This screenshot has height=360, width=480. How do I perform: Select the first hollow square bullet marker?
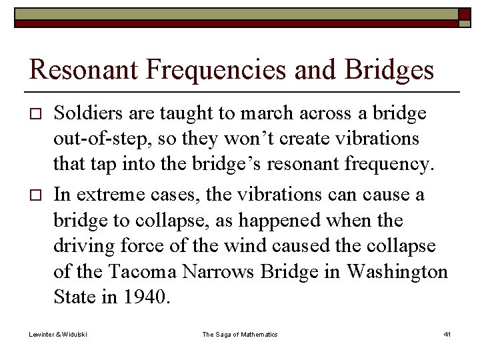pyautogui.click(x=37, y=115)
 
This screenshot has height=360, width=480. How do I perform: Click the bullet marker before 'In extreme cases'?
pyautogui.click(x=37, y=195)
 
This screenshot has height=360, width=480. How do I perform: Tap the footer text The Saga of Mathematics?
pyautogui.click(x=240, y=334)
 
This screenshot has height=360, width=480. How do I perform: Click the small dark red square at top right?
pyautogui.click(x=464, y=14)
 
